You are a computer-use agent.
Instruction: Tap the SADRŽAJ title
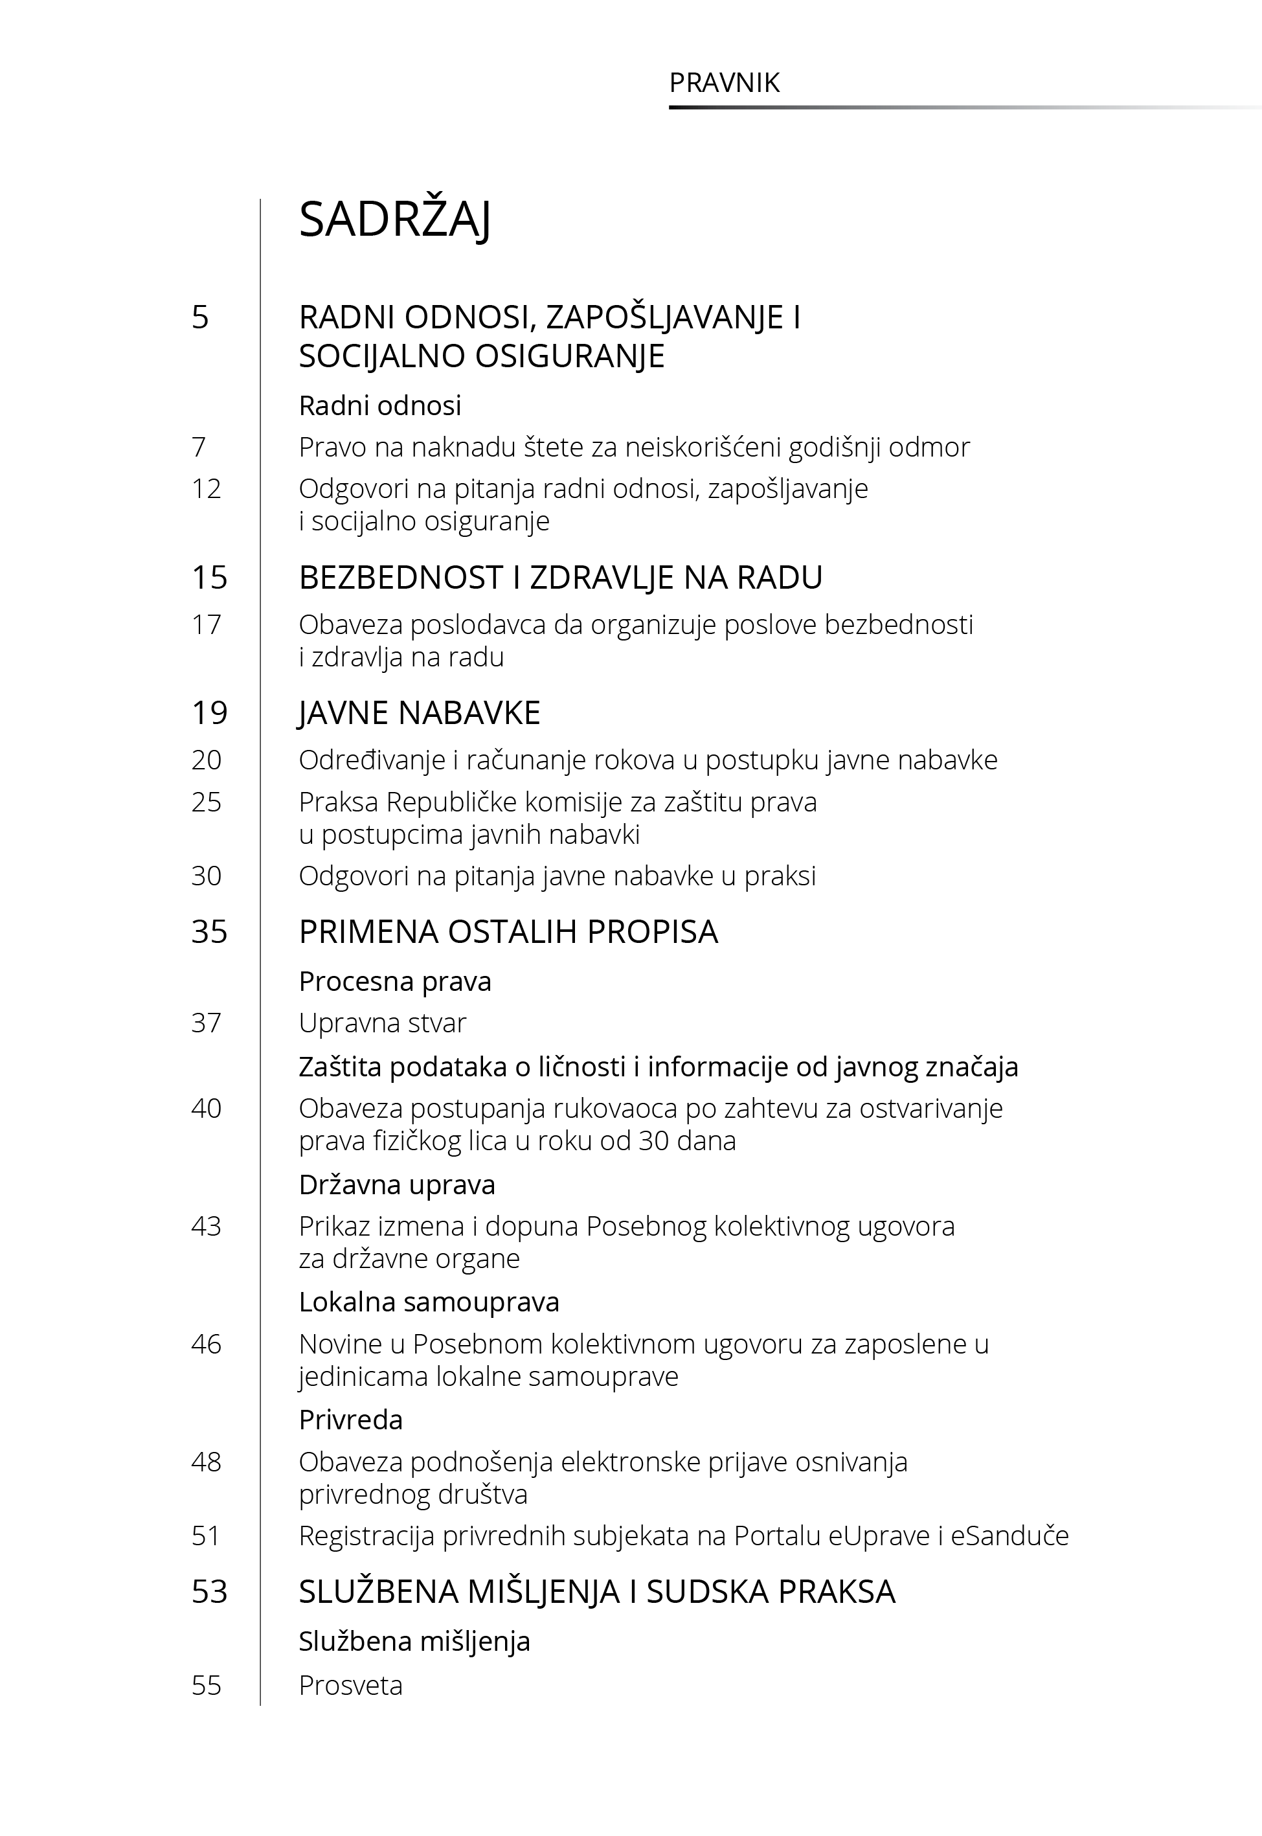tap(394, 220)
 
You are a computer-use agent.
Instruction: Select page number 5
tap(200, 317)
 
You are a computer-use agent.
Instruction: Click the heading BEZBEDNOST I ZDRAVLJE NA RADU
tap(560, 578)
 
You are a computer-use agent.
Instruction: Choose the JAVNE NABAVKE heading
tap(419, 713)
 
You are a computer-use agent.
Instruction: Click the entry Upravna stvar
tap(382, 1023)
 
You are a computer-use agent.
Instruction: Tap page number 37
tap(206, 1023)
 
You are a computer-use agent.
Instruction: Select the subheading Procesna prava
tap(394, 981)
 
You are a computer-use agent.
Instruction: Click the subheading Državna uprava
tap(397, 1184)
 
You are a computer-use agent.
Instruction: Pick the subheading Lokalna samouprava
tap(429, 1302)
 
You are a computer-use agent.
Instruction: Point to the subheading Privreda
tap(350, 1420)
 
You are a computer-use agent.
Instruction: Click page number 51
tap(206, 1536)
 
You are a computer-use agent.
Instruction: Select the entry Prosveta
tap(350, 1685)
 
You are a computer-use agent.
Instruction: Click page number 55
tap(206, 1685)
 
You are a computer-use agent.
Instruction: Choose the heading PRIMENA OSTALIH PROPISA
tap(508, 932)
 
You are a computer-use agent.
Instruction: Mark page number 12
tap(206, 489)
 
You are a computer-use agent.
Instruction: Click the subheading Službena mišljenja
tap(414, 1642)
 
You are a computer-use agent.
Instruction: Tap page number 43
tap(206, 1227)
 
